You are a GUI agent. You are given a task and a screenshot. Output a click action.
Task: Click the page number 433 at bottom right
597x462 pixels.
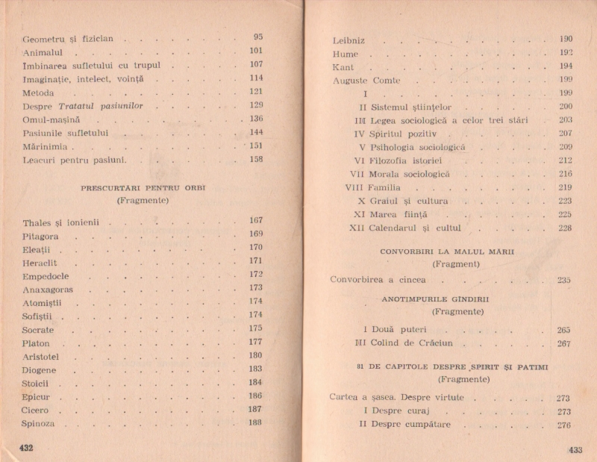575,449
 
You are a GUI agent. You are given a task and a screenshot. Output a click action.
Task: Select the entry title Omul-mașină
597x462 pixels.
51,119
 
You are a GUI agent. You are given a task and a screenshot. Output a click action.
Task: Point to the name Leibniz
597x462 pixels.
348,40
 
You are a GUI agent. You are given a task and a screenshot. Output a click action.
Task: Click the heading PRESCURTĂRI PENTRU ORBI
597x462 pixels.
143,187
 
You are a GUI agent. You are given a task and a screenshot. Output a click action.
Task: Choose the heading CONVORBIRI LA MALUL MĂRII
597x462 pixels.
447,252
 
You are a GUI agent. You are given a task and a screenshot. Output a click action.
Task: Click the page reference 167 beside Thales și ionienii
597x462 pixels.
256,221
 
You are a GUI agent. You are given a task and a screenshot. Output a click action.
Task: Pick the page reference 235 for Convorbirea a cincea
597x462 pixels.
563,280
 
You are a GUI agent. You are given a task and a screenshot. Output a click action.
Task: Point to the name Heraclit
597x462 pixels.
40,263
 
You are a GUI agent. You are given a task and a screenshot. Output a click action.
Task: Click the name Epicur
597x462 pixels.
36,397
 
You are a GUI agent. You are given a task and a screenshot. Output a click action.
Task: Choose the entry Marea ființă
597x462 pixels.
397,214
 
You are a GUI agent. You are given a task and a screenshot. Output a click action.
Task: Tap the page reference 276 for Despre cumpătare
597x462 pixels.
563,425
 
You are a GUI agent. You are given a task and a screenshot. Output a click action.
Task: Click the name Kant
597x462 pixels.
343,67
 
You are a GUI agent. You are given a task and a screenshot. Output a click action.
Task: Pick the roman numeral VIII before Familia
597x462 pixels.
354,187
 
